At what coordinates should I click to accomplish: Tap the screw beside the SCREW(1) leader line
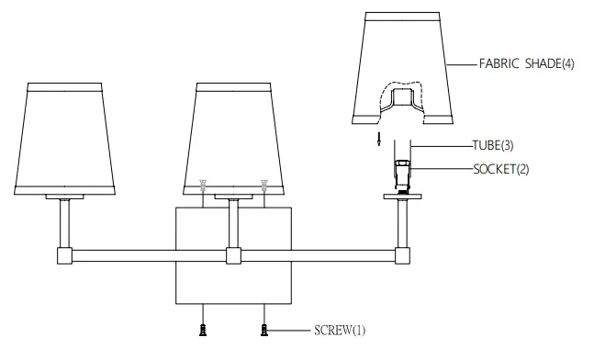click(x=264, y=329)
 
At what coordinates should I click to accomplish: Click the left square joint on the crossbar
click(x=64, y=255)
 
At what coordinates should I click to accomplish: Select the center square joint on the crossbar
click(x=233, y=255)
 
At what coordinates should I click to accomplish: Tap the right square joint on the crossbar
click(x=402, y=255)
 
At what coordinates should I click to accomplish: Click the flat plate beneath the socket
click(x=402, y=196)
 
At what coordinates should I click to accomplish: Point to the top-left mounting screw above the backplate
click(x=203, y=185)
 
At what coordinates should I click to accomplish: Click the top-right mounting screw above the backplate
click(x=264, y=185)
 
